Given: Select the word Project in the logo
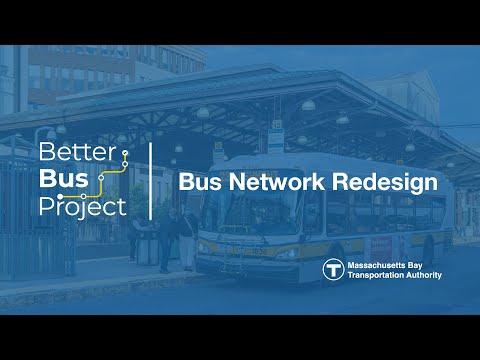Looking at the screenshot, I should point(82,207).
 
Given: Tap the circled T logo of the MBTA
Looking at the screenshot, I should point(333,270).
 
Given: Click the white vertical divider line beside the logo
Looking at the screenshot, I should point(151,181).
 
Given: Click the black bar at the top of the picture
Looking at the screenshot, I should point(240,20).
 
